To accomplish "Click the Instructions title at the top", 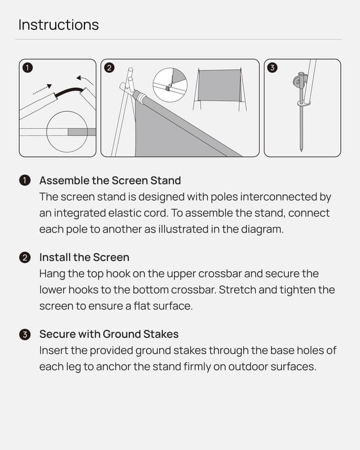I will (58, 25).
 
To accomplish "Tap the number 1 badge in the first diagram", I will (27, 68).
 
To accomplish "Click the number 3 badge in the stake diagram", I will (273, 68).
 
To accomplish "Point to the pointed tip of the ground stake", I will (301, 150).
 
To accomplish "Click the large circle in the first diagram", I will (66, 132).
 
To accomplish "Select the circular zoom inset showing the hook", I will (170, 85).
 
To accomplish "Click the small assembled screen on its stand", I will (219, 85).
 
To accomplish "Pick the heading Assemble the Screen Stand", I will (110, 181).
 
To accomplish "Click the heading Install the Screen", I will (84, 258).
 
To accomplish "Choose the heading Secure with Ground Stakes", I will (109, 334).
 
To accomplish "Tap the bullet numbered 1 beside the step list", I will (24, 181).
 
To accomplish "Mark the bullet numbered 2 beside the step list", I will (24, 258).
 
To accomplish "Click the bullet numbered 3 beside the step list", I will (24, 335).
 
